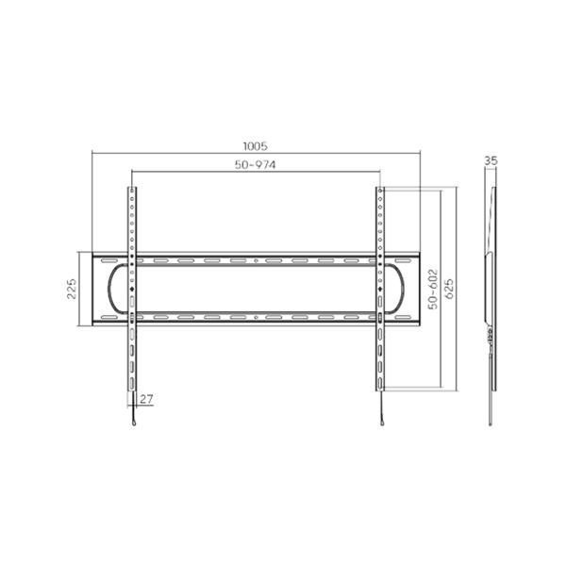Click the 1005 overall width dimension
255,146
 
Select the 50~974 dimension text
255,165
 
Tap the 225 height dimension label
72,289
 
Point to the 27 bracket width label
148,399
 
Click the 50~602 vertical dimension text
433,289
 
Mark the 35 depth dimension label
490,161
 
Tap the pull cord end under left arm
135,421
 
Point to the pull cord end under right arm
382,421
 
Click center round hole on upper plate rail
256,260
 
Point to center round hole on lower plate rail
256,318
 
